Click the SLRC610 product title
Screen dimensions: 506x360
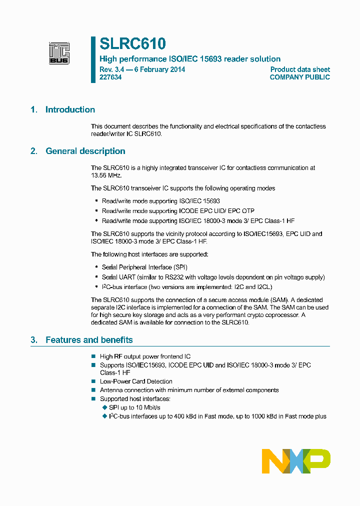[x=132, y=44]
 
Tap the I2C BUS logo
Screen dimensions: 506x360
[x=59, y=53]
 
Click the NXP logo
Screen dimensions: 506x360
[x=296, y=461]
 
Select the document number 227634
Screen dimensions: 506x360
[x=110, y=77]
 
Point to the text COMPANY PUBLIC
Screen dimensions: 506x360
[x=299, y=77]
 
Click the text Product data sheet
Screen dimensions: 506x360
[x=300, y=69]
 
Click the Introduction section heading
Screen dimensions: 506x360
[x=70, y=110]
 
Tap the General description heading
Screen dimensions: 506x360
[x=85, y=151]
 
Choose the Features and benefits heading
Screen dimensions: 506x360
[x=89, y=340]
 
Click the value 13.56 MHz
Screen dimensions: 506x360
[x=106, y=175]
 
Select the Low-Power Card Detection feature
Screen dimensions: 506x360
[x=136, y=381]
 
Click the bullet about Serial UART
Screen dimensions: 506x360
[x=213, y=277]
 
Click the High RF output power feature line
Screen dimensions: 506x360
[x=145, y=356]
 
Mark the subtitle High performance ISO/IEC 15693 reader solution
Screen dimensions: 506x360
[x=190, y=59]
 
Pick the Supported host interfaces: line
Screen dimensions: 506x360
[x=135, y=398]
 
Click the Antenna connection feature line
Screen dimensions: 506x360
[x=189, y=390]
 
